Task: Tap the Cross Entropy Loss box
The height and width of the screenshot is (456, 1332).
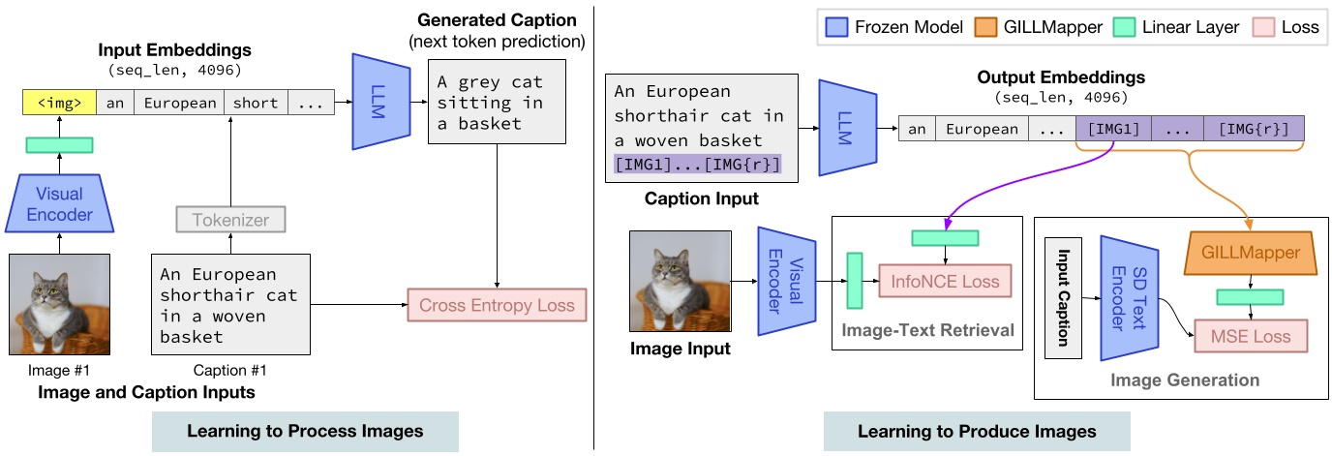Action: click(x=497, y=306)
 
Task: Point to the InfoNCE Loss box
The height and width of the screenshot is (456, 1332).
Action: click(x=944, y=281)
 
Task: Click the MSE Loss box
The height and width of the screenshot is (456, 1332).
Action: click(x=1249, y=336)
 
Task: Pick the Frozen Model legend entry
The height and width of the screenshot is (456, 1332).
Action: click(x=882, y=27)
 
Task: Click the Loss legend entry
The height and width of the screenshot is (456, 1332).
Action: click(x=1285, y=27)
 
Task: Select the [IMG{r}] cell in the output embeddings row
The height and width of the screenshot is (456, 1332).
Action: click(x=1253, y=129)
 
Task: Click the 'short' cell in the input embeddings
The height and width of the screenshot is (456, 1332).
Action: click(x=255, y=103)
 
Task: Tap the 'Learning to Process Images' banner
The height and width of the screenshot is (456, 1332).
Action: click(x=304, y=431)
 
